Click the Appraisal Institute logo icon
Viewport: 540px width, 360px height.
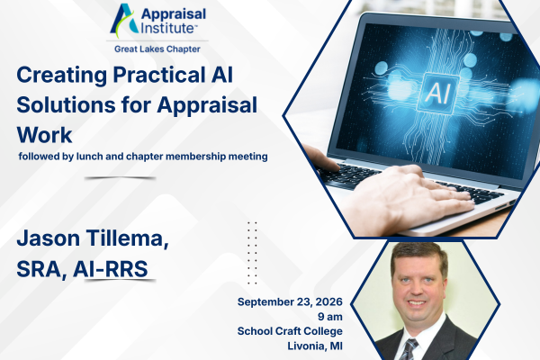coord(124,21)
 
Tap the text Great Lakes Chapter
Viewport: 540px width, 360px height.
coord(157,49)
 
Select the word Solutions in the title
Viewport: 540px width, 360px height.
coord(66,104)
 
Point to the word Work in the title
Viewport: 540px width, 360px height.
coord(44,135)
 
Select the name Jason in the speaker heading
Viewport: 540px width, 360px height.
coord(49,238)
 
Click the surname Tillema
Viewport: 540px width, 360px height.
coord(127,238)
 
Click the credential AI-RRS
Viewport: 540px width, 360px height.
coord(110,269)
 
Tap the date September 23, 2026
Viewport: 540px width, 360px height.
coord(290,301)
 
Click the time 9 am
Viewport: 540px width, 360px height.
coord(330,317)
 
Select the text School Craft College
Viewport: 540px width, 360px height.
coord(290,331)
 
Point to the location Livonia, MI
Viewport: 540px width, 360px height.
coord(315,346)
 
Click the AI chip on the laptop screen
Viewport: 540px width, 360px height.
coord(437,93)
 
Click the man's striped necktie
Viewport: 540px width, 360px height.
coord(409,349)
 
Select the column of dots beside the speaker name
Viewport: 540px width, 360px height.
coord(252,253)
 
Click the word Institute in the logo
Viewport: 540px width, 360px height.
coord(167,28)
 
